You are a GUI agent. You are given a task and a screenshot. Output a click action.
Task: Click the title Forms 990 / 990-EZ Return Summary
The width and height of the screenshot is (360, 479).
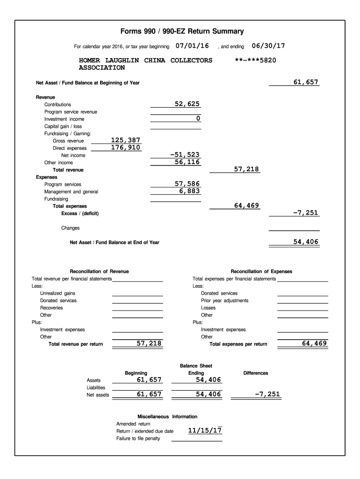pyautogui.click(x=182, y=32)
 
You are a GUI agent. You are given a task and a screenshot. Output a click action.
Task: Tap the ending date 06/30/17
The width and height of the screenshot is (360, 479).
pyautogui.click(x=268, y=46)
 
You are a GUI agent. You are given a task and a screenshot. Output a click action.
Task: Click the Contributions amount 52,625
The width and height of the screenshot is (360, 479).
pyautogui.click(x=187, y=104)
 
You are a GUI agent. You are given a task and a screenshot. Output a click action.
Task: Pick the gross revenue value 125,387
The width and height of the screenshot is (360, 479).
pyautogui.click(x=125, y=140)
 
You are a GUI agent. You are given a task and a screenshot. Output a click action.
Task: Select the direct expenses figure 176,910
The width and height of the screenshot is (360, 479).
pyautogui.click(x=125, y=147)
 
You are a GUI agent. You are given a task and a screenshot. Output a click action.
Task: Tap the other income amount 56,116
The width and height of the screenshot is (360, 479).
pyautogui.click(x=187, y=162)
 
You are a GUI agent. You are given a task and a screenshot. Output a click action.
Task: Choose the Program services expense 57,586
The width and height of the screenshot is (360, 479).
pyautogui.click(x=187, y=184)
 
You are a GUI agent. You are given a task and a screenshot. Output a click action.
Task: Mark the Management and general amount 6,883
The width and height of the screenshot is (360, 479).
pyautogui.click(x=189, y=191)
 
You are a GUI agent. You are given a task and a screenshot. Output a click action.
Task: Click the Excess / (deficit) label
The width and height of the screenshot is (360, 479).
pyautogui.click(x=80, y=214)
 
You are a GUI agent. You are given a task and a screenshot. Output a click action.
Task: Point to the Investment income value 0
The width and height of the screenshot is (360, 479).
pyautogui.click(x=198, y=119)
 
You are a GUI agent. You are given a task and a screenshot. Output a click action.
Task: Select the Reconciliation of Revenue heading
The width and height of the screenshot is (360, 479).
pyautogui.click(x=99, y=271)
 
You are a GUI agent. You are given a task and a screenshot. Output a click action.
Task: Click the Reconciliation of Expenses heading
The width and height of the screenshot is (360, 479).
pyautogui.click(x=261, y=271)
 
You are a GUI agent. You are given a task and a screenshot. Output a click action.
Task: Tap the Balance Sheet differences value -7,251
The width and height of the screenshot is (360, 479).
pyautogui.click(x=267, y=394)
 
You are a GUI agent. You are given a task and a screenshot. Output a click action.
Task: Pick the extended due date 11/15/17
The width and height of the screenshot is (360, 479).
pyautogui.click(x=205, y=431)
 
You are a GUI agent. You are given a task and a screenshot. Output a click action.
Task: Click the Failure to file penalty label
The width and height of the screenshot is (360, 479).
pyautogui.click(x=138, y=438)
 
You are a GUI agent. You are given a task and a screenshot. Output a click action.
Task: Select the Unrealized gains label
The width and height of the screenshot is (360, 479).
pyautogui.click(x=58, y=293)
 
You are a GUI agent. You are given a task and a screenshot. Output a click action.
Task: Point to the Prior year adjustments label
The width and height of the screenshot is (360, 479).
pyautogui.click(x=224, y=300)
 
